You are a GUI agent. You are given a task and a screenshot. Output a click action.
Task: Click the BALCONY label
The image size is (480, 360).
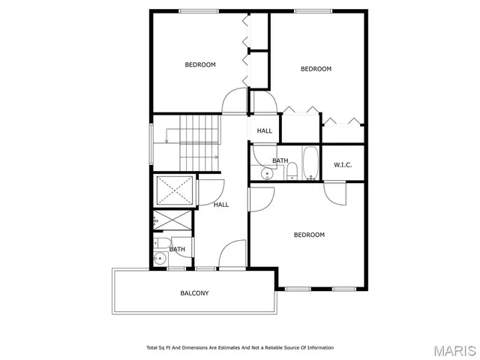pos(194,292)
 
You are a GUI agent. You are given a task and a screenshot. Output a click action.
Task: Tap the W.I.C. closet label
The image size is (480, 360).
pos(343,165)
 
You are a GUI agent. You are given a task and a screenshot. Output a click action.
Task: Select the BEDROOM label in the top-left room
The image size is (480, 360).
pos(200,64)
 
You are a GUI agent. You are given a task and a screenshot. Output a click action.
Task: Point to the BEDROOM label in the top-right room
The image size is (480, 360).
pos(316,69)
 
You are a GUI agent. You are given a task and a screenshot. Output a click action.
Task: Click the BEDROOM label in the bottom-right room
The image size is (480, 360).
pos(309,235)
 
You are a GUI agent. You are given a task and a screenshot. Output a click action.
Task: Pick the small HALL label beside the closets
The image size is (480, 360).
pos(264,130)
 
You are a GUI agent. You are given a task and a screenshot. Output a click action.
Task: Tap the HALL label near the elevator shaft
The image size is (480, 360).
pos(221,204)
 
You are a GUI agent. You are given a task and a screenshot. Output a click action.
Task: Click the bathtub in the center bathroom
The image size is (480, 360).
pos(310,164)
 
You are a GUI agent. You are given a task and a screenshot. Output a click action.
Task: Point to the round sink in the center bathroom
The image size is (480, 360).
pos(266,175)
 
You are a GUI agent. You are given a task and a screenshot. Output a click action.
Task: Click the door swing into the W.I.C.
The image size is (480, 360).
pos(335,192)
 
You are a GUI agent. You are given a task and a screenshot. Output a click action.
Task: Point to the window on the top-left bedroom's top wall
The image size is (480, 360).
pos(199,10)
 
